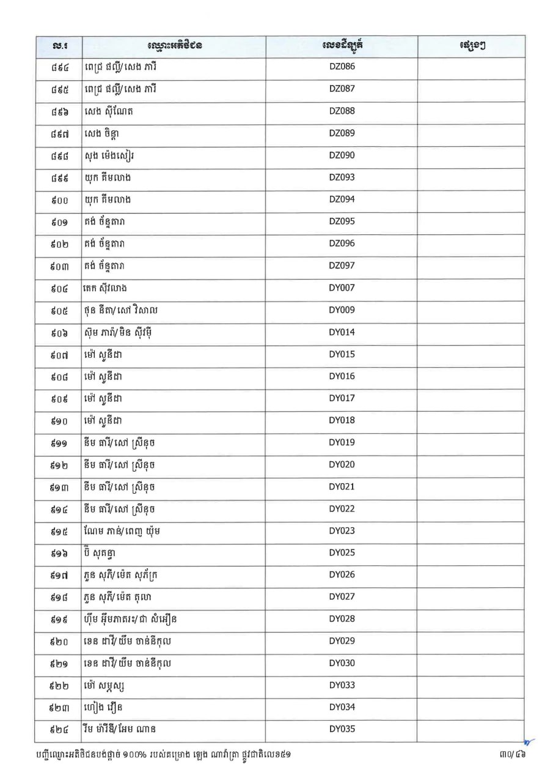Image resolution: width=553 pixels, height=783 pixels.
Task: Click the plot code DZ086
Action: coord(342,67)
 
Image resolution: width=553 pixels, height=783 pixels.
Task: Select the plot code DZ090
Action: coord(342,155)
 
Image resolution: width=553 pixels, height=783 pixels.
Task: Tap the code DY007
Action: coord(342,288)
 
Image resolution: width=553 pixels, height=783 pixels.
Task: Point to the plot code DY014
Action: coord(342,332)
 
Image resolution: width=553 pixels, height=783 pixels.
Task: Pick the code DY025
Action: coord(342,553)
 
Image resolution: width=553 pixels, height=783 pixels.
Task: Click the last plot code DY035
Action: coord(342,729)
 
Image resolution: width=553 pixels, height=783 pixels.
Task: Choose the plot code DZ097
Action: coord(342,266)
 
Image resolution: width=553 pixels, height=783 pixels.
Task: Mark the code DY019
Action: coord(342,443)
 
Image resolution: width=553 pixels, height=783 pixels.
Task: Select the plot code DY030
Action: coord(342,663)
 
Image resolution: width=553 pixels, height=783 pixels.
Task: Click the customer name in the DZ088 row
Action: coord(109,111)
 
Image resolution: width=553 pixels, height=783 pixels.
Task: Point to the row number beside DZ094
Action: coord(59,200)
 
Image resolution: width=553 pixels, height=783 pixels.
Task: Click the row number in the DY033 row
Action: coord(59,686)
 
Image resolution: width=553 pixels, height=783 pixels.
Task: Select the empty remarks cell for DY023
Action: coord(471,531)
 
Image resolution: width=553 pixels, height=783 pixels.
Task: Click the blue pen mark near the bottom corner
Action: coord(529,742)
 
